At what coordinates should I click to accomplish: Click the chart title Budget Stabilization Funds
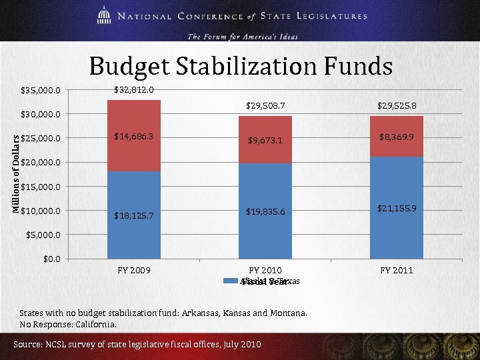[x=241, y=66]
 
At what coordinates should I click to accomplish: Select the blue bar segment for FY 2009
[x=134, y=227]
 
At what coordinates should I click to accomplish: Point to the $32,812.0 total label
[x=134, y=89]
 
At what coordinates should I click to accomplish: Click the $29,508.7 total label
[x=265, y=105]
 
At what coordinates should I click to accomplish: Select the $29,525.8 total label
[x=397, y=105]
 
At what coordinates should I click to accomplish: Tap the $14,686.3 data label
[x=134, y=137]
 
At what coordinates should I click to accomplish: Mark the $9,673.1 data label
[x=265, y=141]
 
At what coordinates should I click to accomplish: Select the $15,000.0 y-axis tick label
[x=41, y=187]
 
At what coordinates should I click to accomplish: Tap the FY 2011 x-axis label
[x=397, y=270]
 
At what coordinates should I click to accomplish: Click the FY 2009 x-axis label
[x=134, y=270]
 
